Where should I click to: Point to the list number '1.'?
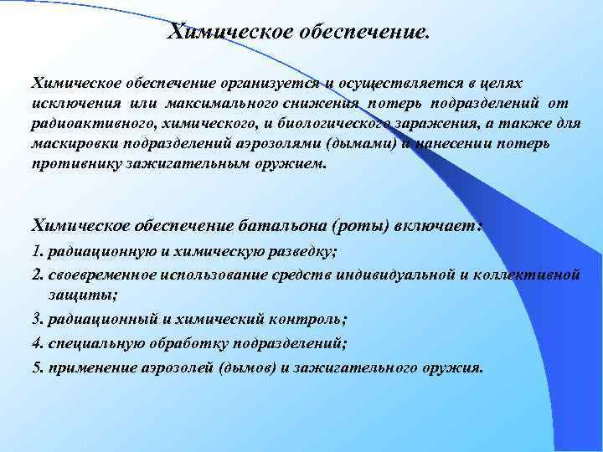[x=37, y=251]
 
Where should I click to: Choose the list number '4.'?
[x=37, y=342]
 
